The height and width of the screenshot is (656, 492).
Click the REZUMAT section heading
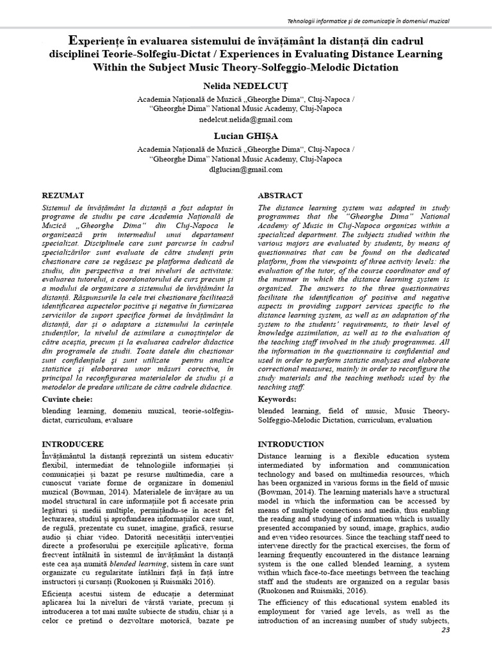coord(62,194)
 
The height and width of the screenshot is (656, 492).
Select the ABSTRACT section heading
coord(281,195)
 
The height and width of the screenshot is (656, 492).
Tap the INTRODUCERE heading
coord(72,443)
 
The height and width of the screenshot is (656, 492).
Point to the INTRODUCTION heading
coord(290,443)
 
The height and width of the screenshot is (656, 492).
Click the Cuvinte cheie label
coord(67,398)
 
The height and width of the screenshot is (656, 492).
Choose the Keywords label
coord(279,398)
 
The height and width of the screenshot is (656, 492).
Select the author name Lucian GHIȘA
coord(245,136)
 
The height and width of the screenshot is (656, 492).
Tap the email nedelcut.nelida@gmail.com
coord(246,120)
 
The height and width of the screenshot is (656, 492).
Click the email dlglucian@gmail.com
coord(246,170)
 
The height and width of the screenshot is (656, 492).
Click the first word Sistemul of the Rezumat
coord(59,208)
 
